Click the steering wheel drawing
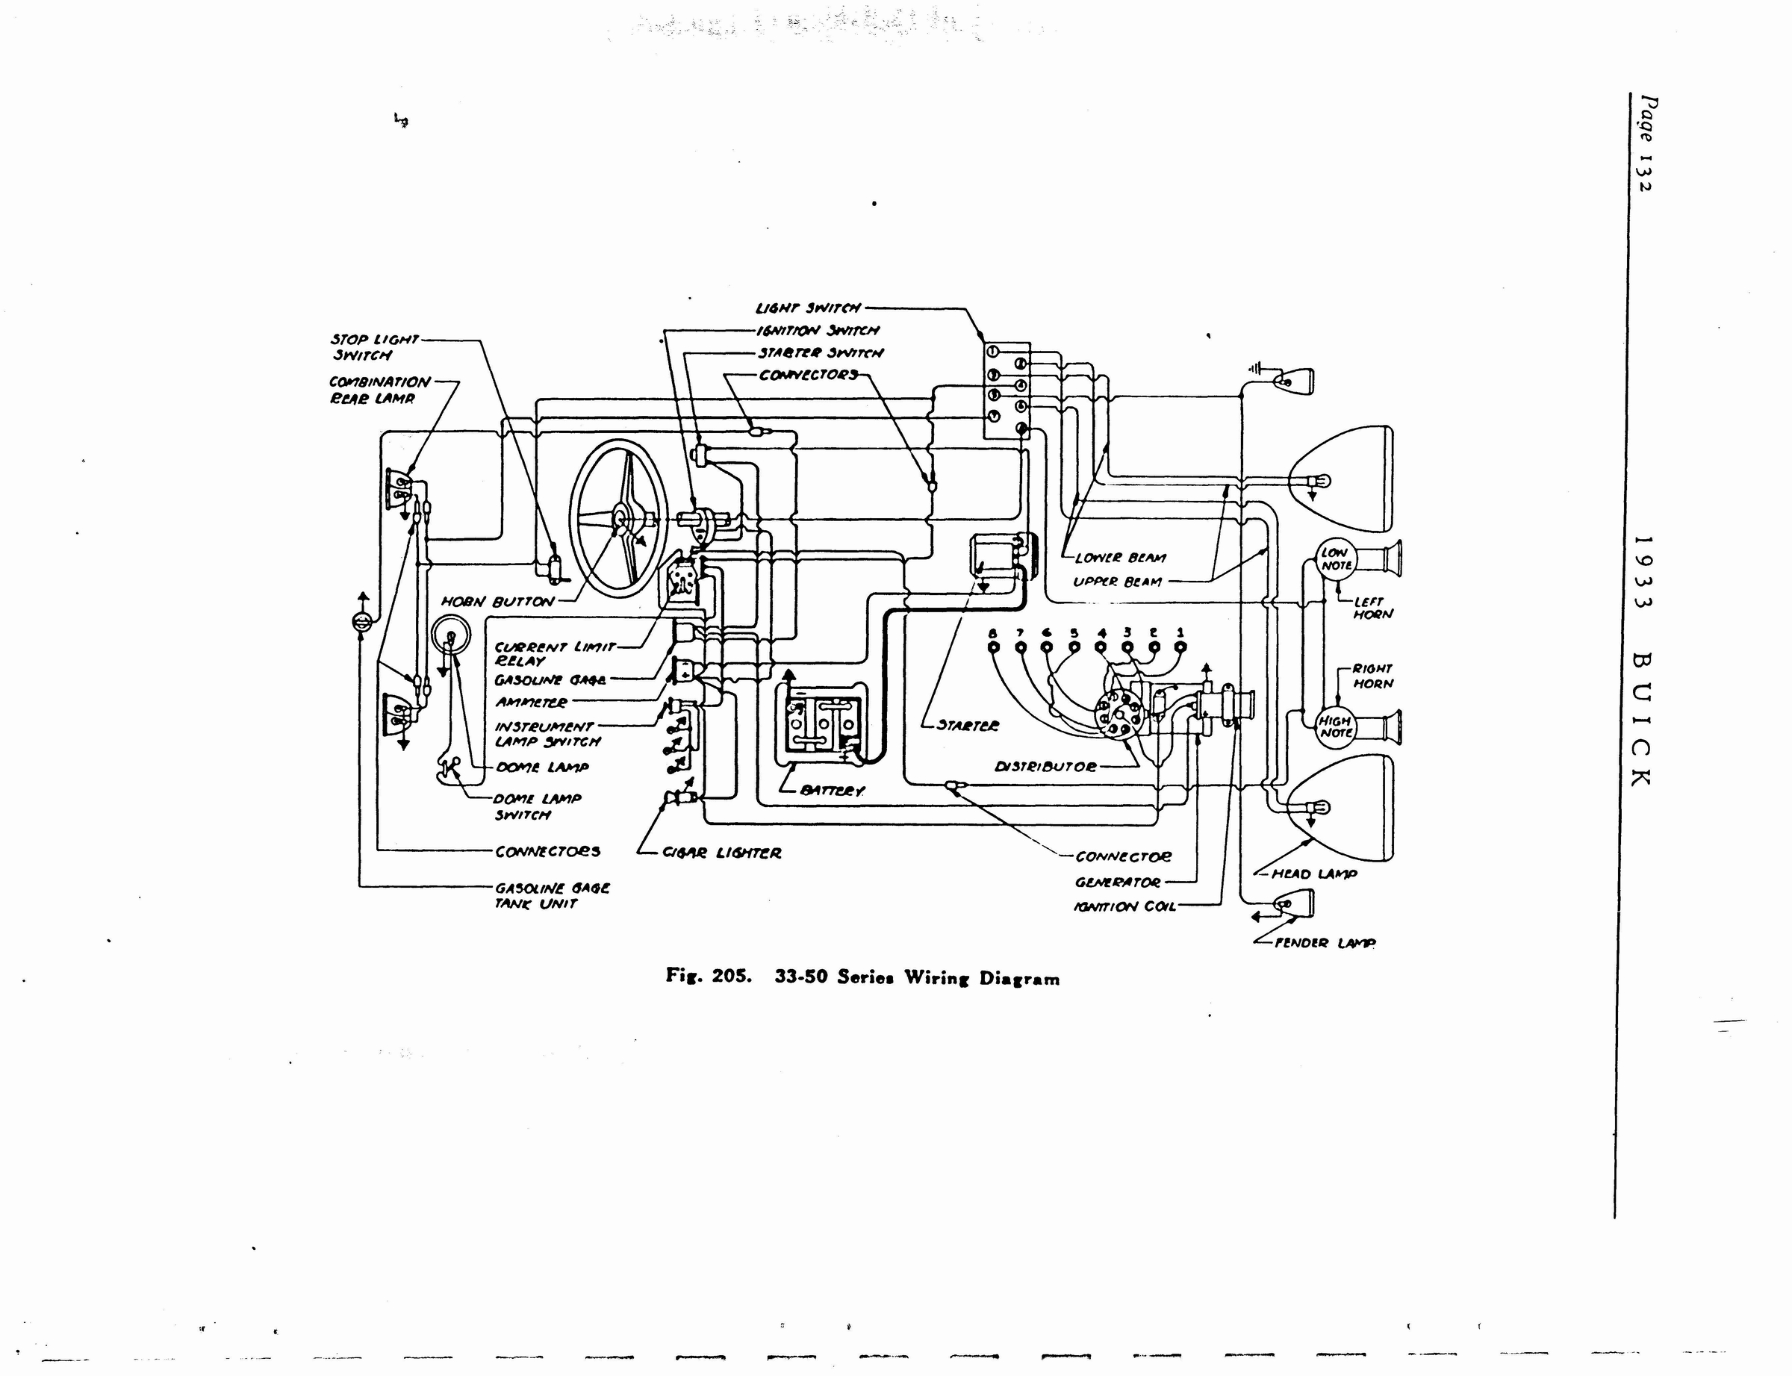(x=620, y=520)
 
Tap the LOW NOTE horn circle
(x=1336, y=559)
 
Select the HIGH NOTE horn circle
(x=1336, y=726)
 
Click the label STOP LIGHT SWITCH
(x=373, y=347)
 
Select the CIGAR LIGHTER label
(x=721, y=853)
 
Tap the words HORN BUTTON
(x=498, y=602)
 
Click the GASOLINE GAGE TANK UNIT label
(x=552, y=896)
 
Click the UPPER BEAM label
(x=1117, y=582)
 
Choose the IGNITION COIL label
(x=1124, y=906)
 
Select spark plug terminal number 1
(x=1180, y=647)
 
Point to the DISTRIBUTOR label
(x=1045, y=768)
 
